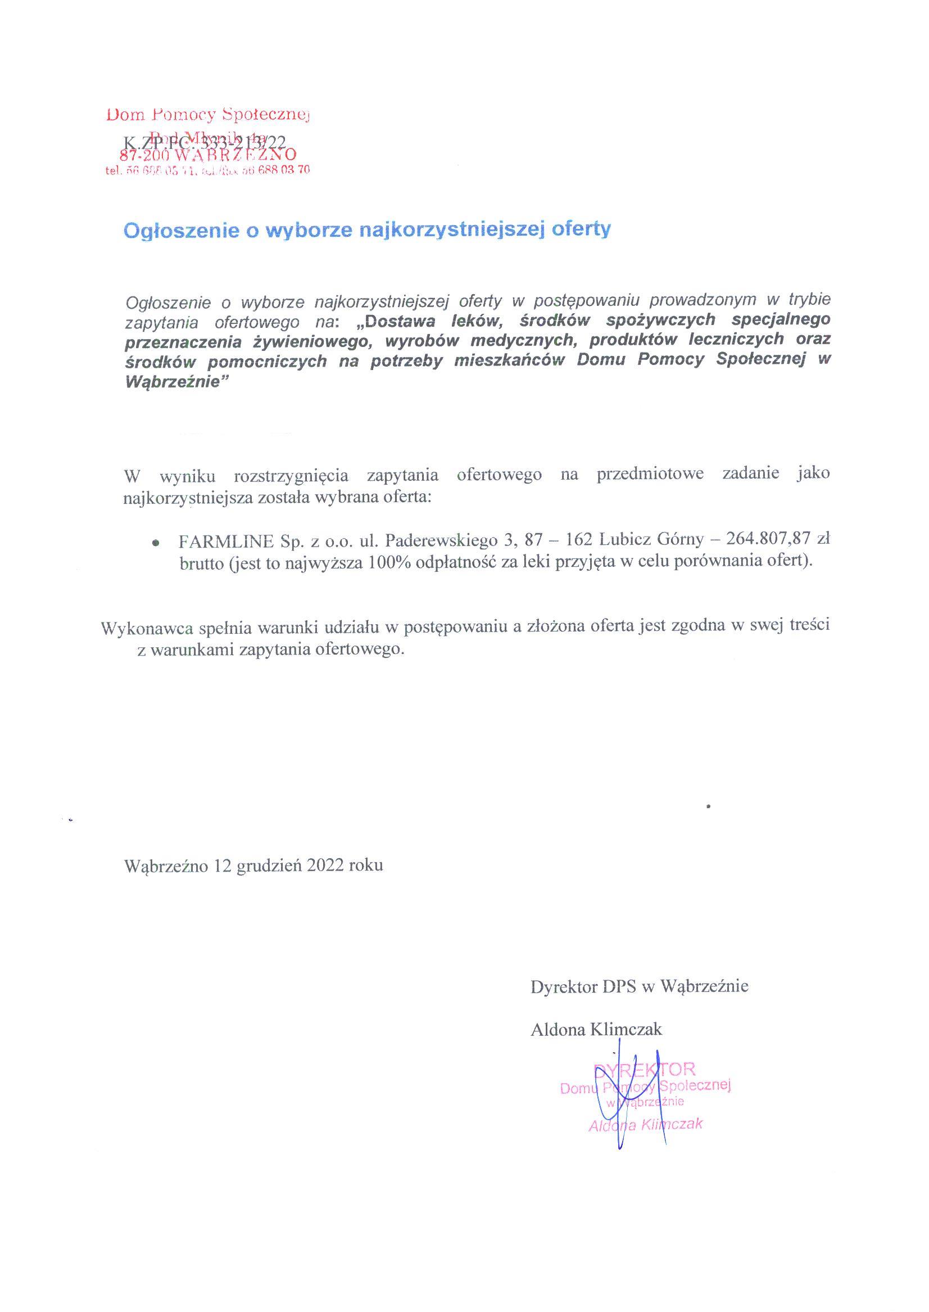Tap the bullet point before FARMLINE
click(155, 542)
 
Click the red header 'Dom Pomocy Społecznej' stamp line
click(207, 115)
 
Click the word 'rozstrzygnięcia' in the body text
click(291, 475)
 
